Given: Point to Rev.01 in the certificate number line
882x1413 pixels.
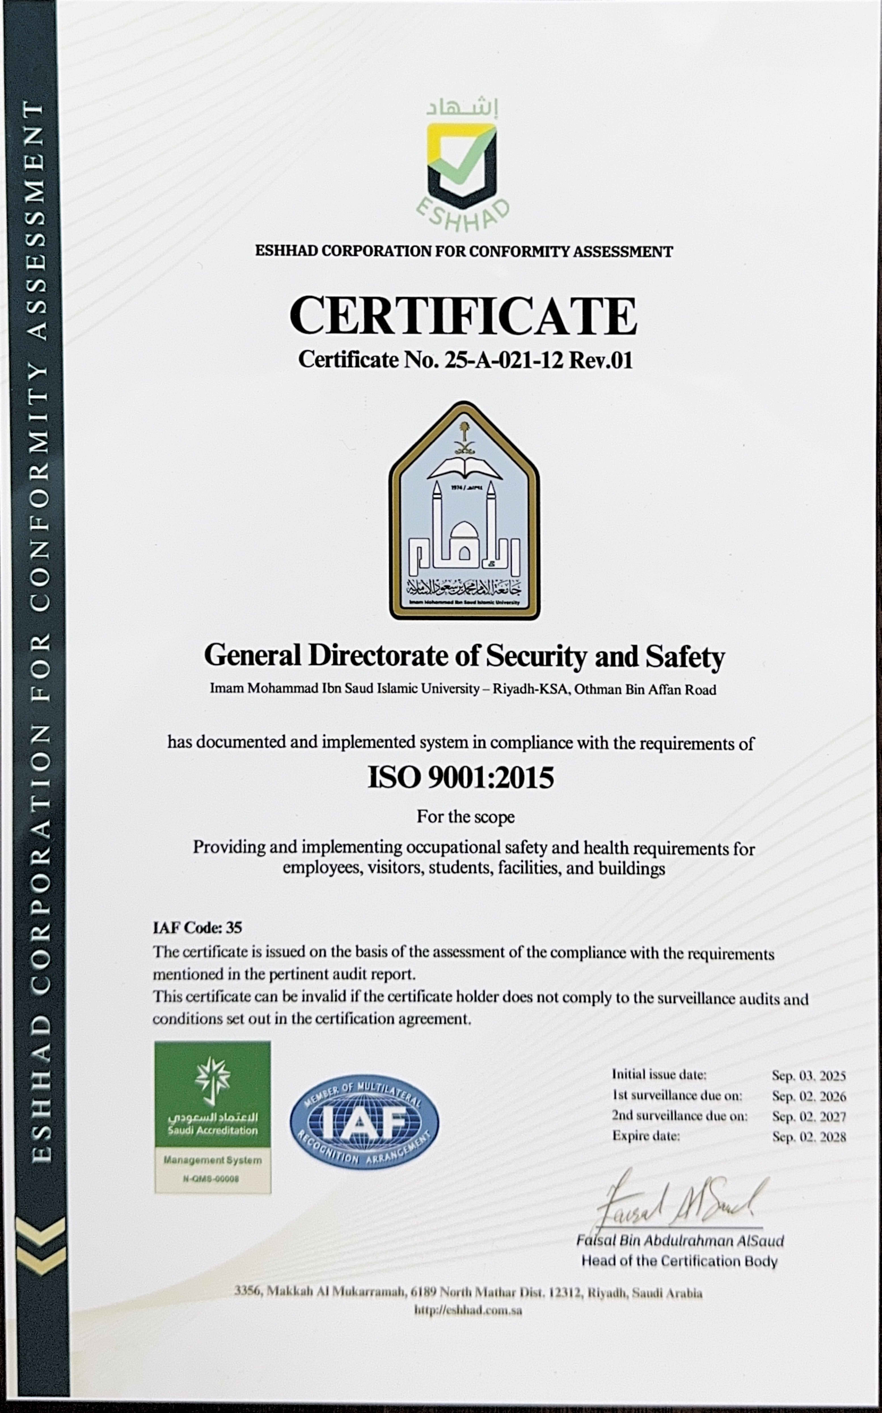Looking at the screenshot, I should [601, 360].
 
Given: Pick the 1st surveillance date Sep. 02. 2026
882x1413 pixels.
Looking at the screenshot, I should [809, 1096].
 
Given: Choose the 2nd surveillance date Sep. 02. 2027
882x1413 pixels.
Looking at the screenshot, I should [809, 1117].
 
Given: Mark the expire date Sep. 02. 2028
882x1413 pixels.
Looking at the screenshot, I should [809, 1137].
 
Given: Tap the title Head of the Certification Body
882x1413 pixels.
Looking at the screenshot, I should [680, 1261].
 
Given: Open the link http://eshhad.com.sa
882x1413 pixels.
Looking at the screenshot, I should [468, 1310].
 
